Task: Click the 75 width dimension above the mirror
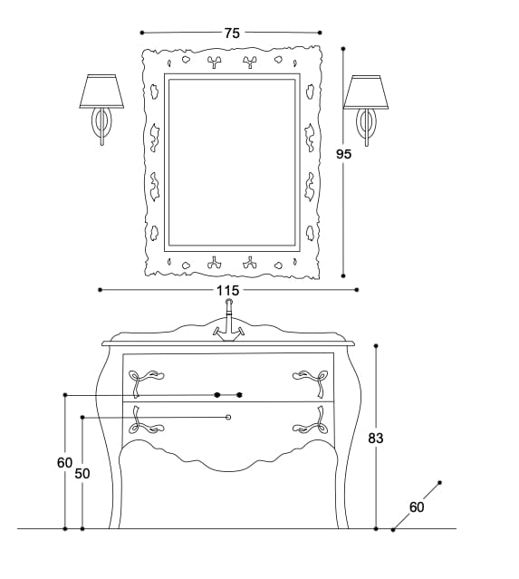tap(232, 33)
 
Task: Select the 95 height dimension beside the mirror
tap(343, 154)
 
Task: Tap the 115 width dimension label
tap(227, 290)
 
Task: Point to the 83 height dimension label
tap(377, 438)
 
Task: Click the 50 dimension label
tap(82, 473)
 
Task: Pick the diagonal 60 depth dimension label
tap(417, 507)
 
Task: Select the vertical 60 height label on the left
tap(64, 462)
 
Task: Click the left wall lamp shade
tap(101, 91)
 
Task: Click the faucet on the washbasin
tap(228, 324)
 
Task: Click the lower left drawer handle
tap(144, 422)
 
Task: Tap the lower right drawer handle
tap(309, 422)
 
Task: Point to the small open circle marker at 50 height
tap(228, 417)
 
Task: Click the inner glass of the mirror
tap(232, 163)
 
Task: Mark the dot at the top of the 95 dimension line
tap(343, 48)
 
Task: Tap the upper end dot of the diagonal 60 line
tap(439, 483)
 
